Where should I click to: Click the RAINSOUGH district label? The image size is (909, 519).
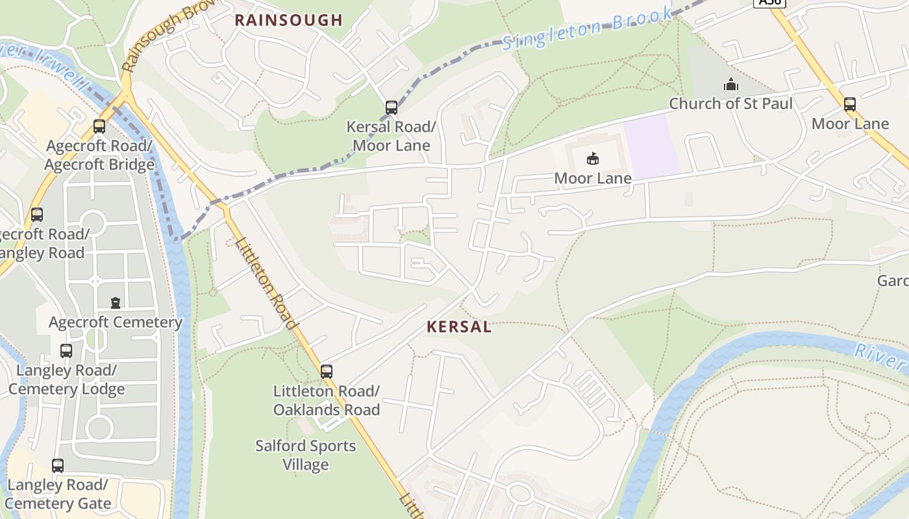click(288, 20)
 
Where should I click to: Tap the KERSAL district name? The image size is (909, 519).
click(459, 327)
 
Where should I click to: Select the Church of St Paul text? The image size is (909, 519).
click(731, 104)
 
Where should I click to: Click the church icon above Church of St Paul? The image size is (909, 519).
click(731, 84)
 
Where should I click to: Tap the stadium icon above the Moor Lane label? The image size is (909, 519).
click(592, 158)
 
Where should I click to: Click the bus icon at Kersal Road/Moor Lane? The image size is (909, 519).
click(392, 108)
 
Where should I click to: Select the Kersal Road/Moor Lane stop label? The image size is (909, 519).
click(392, 136)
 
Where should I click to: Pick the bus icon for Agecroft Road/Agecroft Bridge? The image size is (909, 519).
click(99, 127)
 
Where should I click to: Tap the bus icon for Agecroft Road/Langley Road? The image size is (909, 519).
click(37, 214)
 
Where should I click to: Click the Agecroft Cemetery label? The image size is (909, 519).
click(116, 322)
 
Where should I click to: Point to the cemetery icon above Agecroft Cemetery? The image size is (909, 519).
click(116, 302)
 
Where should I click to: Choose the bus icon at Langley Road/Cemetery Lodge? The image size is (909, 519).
click(66, 351)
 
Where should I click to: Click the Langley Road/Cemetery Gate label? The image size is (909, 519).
click(58, 494)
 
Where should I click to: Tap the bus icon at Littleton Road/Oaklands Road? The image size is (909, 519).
click(327, 372)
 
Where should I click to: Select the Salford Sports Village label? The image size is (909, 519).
click(306, 455)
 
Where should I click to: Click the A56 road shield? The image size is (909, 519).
click(769, 3)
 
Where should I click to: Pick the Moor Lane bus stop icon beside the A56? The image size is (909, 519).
click(850, 104)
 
